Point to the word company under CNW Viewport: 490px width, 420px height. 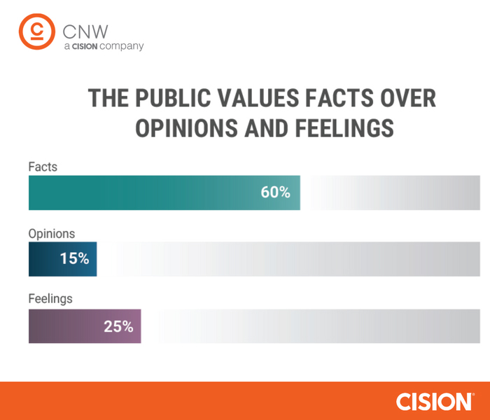(x=122, y=46)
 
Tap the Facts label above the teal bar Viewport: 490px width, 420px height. (x=43, y=167)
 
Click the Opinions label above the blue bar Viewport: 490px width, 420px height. (x=51, y=234)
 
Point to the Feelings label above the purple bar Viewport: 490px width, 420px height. (x=50, y=299)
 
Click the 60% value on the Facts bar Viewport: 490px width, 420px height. (x=275, y=192)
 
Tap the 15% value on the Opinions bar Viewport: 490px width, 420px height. (x=74, y=258)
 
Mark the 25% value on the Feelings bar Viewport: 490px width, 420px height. (x=118, y=326)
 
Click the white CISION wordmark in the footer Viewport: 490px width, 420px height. (x=433, y=401)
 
